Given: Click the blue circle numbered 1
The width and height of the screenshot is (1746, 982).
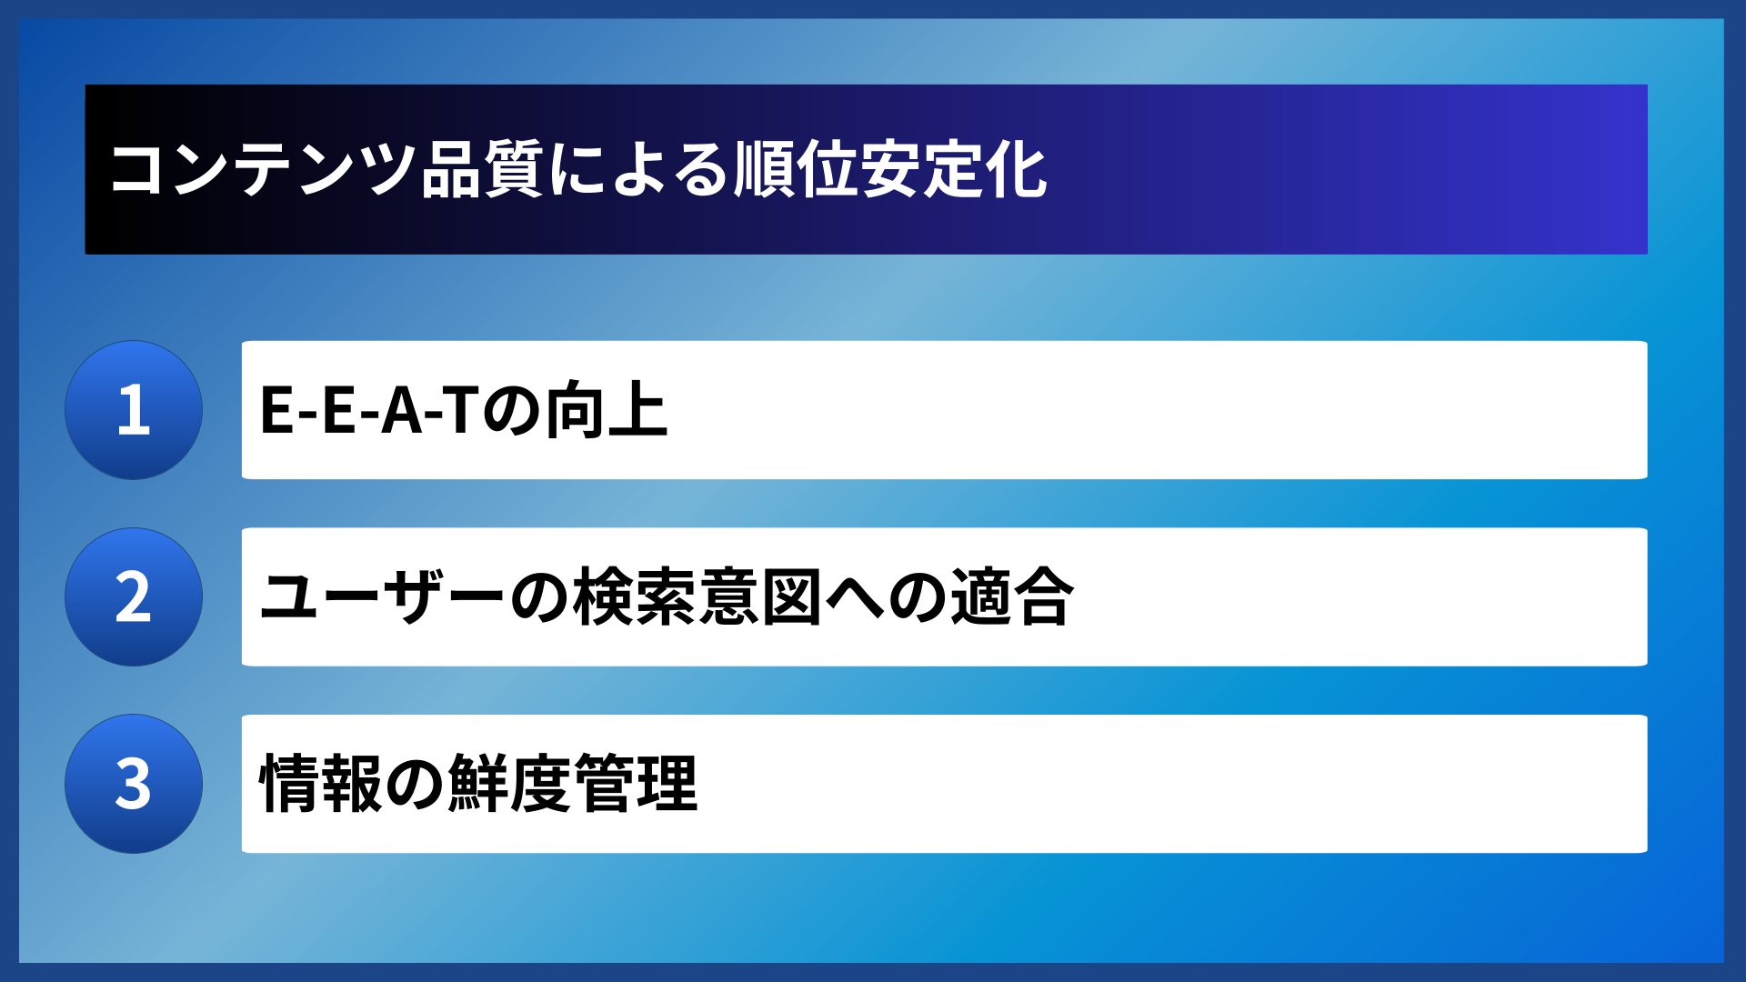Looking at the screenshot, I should click(134, 410).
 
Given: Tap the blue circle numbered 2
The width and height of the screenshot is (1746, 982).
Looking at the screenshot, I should click(134, 597).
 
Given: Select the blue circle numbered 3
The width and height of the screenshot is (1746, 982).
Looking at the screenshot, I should click(134, 784).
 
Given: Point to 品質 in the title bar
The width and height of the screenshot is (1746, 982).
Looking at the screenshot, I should click(483, 170).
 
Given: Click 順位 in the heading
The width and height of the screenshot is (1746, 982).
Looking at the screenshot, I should click(796, 170).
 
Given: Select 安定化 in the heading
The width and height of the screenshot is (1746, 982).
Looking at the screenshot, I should click(954, 170).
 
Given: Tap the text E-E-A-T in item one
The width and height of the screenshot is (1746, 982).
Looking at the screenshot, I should click(369, 410).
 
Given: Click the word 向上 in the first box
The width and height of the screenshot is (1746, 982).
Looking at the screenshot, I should click(607, 410).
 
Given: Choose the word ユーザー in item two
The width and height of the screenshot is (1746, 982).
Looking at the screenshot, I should click(382, 597).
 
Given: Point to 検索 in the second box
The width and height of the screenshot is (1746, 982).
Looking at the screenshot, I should click(635, 597).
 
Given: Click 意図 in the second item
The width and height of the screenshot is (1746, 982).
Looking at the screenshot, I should click(760, 597).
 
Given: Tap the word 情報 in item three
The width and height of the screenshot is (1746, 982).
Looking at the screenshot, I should click(321, 784).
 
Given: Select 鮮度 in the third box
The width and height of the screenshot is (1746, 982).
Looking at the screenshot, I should click(509, 784).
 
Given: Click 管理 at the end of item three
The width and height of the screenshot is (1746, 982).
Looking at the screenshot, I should click(636, 784).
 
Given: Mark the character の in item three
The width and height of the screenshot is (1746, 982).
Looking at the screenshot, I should click(415, 784).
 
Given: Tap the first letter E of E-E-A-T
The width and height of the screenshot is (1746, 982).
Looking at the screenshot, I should click(276, 410).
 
